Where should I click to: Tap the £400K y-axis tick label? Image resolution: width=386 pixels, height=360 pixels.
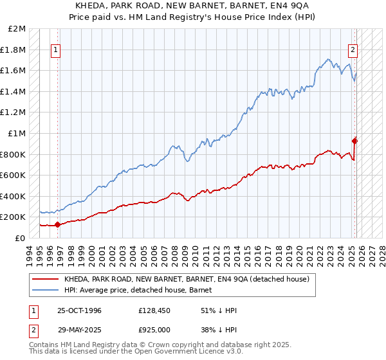point(14,196)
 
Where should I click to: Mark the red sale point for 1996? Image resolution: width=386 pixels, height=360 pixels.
point(57,224)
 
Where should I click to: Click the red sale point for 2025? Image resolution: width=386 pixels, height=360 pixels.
point(354,141)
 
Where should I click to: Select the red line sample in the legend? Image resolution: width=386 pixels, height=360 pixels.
point(45,279)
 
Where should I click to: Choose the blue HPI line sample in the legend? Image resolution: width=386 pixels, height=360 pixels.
point(45,290)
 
